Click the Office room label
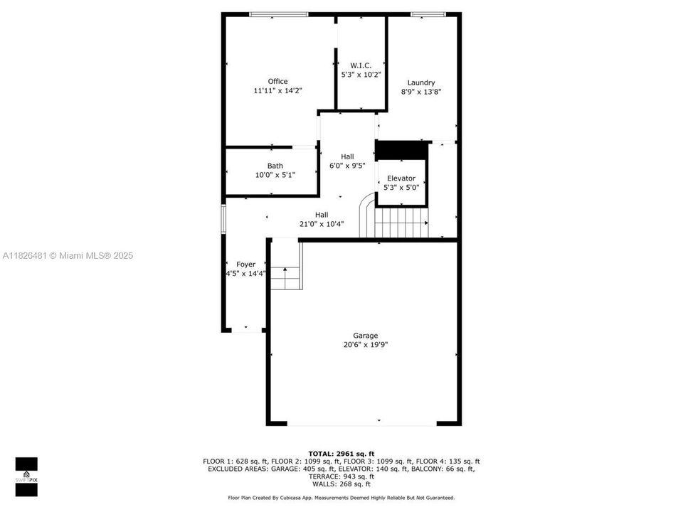tap(277, 81)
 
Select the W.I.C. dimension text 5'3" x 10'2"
tap(361, 75)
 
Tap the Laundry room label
tap(421, 82)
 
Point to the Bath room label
tap(275, 166)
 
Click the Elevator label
tap(401, 178)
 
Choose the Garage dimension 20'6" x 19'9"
tap(366, 345)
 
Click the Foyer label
tap(245, 265)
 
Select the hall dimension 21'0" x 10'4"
tap(322, 225)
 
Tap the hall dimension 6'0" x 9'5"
tap(347, 166)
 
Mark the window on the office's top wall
tap(278, 14)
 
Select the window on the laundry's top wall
tap(428, 14)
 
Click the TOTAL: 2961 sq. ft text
tap(341, 453)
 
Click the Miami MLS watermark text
tap(68, 256)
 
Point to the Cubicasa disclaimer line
tap(341, 498)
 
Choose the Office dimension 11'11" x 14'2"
tap(277, 91)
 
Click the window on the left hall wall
tap(223, 218)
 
